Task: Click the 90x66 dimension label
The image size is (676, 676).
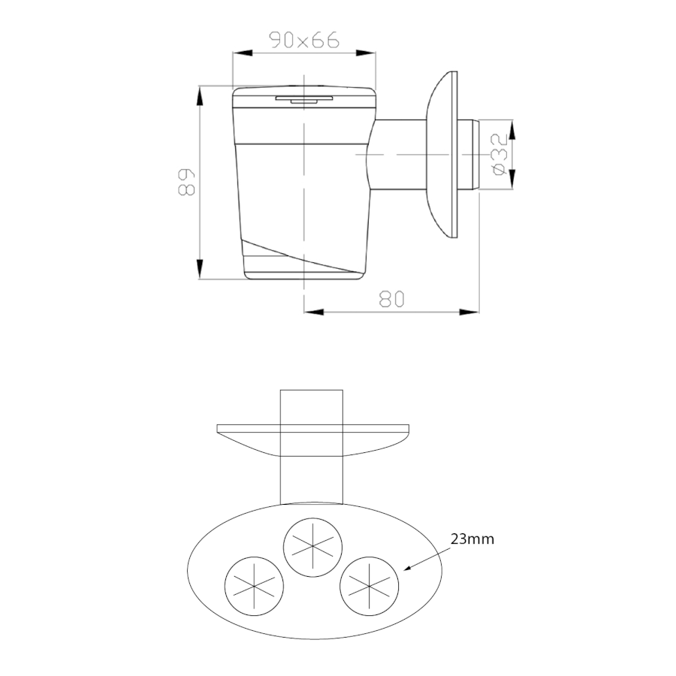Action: [304, 40]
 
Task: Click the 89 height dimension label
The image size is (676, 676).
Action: [187, 182]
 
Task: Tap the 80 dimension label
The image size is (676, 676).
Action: [392, 299]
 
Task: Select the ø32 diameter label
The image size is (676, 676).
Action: [499, 154]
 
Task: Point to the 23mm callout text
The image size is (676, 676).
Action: [472, 539]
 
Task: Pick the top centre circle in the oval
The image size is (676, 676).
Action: [313, 547]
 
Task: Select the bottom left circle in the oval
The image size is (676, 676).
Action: [255, 587]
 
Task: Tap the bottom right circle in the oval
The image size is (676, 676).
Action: [370, 587]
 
